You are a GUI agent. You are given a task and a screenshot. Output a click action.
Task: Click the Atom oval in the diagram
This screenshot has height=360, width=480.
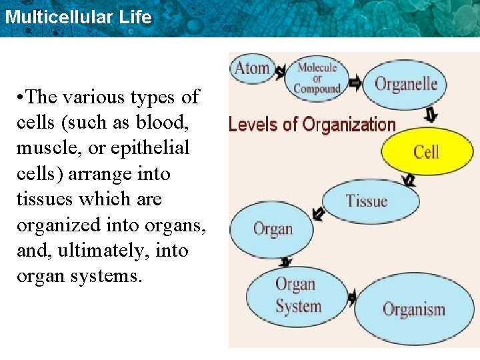[251, 68]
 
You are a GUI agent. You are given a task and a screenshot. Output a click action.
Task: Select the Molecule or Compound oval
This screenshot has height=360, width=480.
[317, 77]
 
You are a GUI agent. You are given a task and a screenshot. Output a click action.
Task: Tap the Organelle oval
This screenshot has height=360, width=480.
[405, 84]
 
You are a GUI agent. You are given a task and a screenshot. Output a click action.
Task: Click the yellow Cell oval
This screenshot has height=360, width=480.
[426, 151]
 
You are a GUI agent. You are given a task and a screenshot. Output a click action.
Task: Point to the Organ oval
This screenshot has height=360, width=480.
[272, 229]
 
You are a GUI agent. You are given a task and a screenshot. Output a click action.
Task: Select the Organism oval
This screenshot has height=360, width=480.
[413, 309]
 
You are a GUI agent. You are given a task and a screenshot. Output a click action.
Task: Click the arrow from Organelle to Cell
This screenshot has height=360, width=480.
[431, 115]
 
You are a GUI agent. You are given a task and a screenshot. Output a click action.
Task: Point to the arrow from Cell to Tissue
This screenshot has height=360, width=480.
[409, 180]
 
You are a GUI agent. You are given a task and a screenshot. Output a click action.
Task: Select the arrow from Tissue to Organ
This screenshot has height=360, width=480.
[319, 215]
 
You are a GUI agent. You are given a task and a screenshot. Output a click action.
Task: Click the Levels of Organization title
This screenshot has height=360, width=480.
[312, 125]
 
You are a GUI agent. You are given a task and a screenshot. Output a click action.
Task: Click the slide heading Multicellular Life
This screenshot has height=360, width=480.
[78, 17]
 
